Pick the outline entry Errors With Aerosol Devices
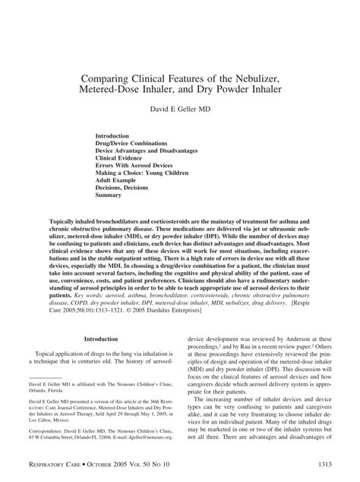point(145,166)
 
